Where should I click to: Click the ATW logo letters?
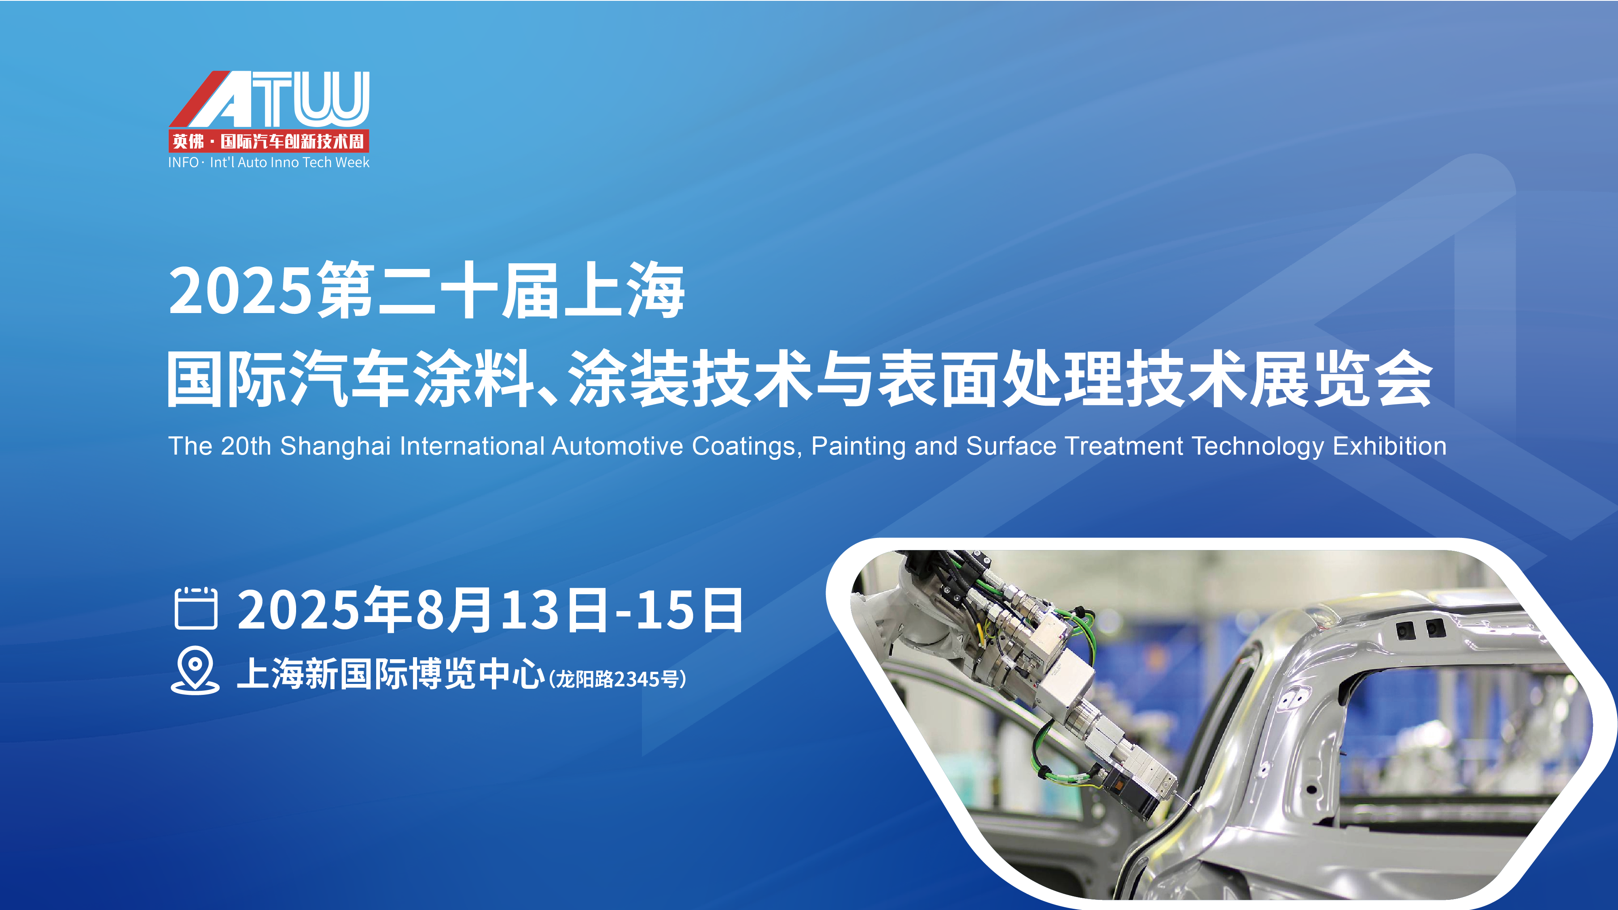pos(269,99)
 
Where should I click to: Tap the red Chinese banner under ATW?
pos(269,141)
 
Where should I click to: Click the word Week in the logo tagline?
pos(352,162)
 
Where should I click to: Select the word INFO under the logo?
pos(183,162)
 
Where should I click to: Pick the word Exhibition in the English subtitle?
pos(1390,446)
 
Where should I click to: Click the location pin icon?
pos(195,670)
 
